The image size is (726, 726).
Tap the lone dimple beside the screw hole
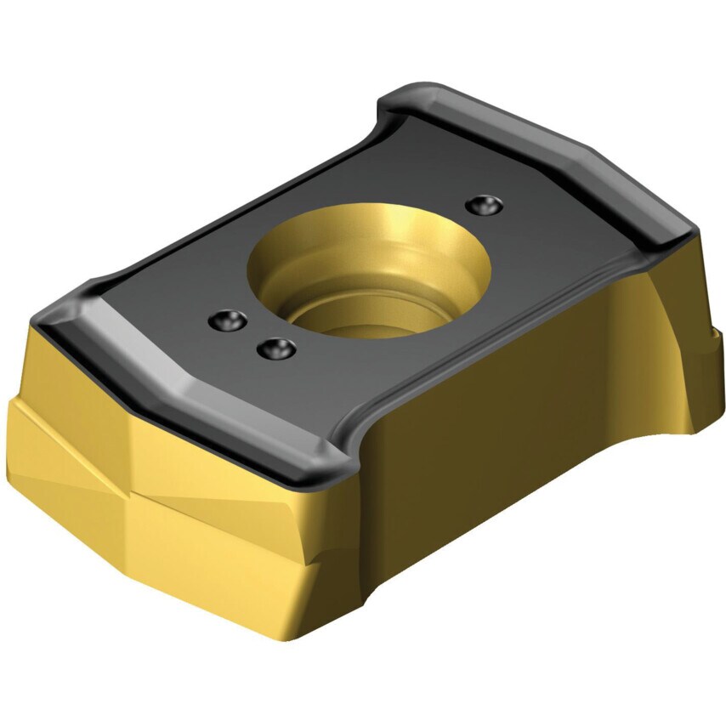[485, 204]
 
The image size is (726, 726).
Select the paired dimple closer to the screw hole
[276, 348]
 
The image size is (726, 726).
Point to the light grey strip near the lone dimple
[544, 153]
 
